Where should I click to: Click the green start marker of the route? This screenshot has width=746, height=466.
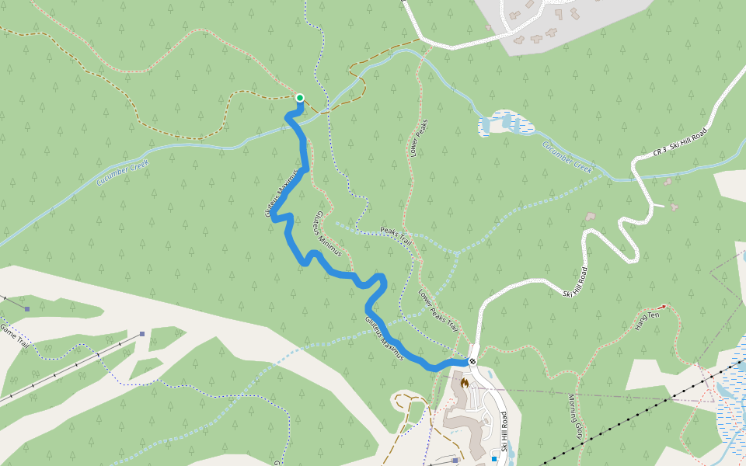tap(299, 98)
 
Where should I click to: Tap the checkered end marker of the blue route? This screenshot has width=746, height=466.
tap(472, 361)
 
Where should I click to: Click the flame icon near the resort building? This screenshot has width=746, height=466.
tap(465, 382)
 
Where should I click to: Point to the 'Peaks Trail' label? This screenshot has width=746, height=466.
tap(396, 236)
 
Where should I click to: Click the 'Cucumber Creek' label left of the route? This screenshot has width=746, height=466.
tap(123, 172)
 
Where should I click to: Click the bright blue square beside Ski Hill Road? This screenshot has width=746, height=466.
tap(493, 459)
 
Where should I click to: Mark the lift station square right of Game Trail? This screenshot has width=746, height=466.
tap(142, 334)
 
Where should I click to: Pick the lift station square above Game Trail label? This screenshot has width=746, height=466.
tap(26, 309)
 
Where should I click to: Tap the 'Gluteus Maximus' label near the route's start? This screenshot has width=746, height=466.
tap(281, 193)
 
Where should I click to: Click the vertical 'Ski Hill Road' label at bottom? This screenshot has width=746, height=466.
tap(504, 432)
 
